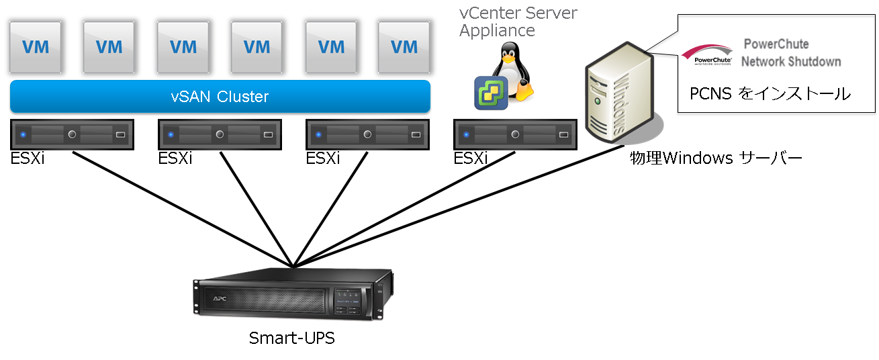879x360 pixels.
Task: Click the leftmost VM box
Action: tap(36, 47)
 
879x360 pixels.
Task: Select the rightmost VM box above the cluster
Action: tap(404, 47)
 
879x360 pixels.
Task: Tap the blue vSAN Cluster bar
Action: tap(220, 97)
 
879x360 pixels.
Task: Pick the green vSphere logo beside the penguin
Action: tap(491, 93)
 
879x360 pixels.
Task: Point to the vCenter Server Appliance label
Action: tap(518, 21)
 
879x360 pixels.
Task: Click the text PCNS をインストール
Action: tap(770, 94)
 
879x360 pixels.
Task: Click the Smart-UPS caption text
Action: tap(291, 338)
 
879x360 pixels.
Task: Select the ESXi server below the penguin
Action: tap(515, 134)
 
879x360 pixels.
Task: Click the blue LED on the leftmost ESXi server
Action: tap(23, 134)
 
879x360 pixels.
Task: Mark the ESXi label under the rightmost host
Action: tap(470, 159)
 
